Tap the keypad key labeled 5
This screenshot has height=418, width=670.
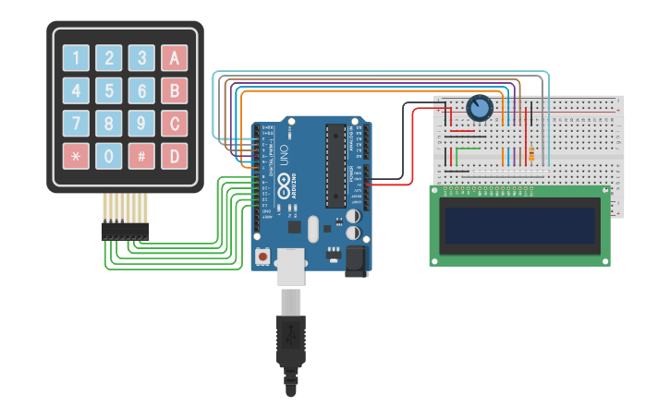click(109, 90)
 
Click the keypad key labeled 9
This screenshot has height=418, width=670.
click(141, 123)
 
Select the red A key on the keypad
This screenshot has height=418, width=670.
click(174, 58)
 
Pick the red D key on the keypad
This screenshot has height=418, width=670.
click(174, 155)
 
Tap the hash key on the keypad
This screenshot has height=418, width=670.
click(141, 155)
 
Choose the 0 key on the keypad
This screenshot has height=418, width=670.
click(109, 155)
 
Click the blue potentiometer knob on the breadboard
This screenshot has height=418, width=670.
click(479, 109)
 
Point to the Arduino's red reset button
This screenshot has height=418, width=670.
click(263, 256)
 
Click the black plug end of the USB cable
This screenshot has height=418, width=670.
click(291, 346)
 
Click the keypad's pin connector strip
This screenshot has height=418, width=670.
click(124, 231)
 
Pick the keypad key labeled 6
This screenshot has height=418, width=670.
click(141, 90)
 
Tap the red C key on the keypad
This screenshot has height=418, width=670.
click(174, 123)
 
